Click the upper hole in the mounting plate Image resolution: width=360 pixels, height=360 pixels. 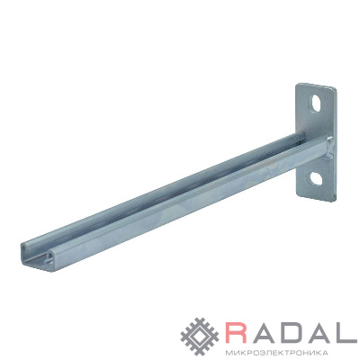pyautogui.click(x=316, y=103)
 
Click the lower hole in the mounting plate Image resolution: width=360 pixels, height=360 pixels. pyautogui.click(x=315, y=178)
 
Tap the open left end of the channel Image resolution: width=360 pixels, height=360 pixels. pyautogui.click(x=38, y=255)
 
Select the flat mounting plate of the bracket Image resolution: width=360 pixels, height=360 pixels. pyautogui.click(x=317, y=142)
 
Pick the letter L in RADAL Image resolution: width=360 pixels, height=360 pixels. pyautogui.click(x=347, y=333)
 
